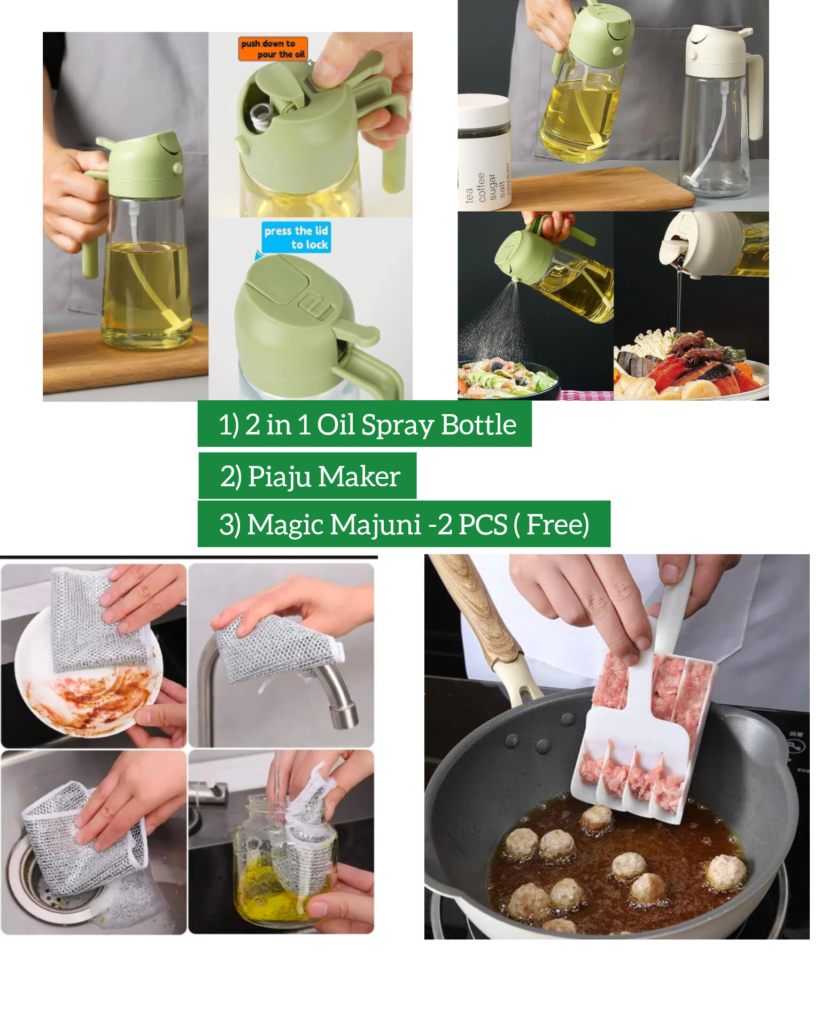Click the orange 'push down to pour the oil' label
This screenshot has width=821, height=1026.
[273, 49]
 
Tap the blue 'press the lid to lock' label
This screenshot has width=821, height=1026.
[296, 237]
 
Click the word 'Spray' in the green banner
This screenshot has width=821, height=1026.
[398, 426]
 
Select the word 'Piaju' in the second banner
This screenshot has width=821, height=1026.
[280, 477]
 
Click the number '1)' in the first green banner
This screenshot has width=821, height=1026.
[228, 426]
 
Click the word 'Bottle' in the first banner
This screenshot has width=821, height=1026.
[479, 426]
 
